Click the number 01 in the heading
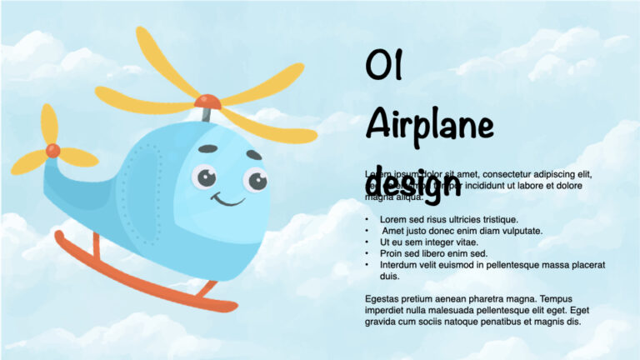click(x=384, y=66)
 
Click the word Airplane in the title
click(x=429, y=125)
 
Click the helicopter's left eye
click(x=203, y=177)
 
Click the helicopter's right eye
click(x=254, y=180)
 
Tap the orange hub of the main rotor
click(x=207, y=102)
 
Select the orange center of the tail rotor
click(x=52, y=150)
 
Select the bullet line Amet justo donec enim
click(x=462, y=231)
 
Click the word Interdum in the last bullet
click(x=398, y=265)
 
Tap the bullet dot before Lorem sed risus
click(x=367, y=219)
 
